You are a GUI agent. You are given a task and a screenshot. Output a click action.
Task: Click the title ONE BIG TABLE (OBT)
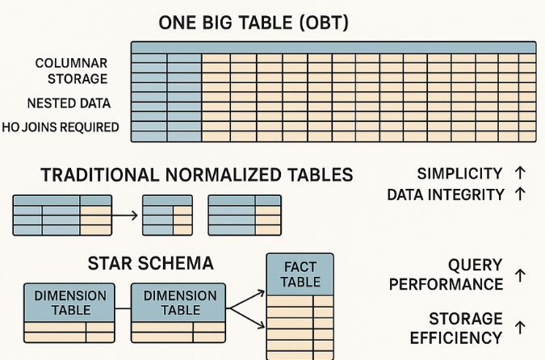tap(254, 23)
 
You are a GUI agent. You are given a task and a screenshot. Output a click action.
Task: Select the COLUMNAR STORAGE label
tap(72, 71)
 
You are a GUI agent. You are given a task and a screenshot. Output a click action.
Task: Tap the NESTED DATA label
tap(69, 104)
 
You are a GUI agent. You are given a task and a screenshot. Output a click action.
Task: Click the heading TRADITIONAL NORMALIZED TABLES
tap(197, 175)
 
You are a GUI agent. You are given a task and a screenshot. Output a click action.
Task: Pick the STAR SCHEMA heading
tap(150, 263)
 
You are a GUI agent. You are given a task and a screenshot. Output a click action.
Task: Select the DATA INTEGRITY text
tap(446, 195)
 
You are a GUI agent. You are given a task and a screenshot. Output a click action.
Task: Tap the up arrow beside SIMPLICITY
tap(519, 173)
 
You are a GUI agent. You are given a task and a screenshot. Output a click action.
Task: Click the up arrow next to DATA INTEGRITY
tap(519, 194)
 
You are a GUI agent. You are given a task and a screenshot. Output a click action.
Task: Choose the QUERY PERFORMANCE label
tap(446, 274)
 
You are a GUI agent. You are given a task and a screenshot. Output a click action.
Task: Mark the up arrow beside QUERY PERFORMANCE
tap(519, 275)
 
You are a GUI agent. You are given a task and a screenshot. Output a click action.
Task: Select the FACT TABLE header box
tap(300, 274)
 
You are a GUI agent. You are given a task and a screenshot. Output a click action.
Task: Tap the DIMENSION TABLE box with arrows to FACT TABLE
tap(179, 303)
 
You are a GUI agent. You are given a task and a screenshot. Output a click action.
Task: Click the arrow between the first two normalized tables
tap(126, 216)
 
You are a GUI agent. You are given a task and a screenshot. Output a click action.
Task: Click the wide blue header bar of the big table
tap(333, 47)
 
